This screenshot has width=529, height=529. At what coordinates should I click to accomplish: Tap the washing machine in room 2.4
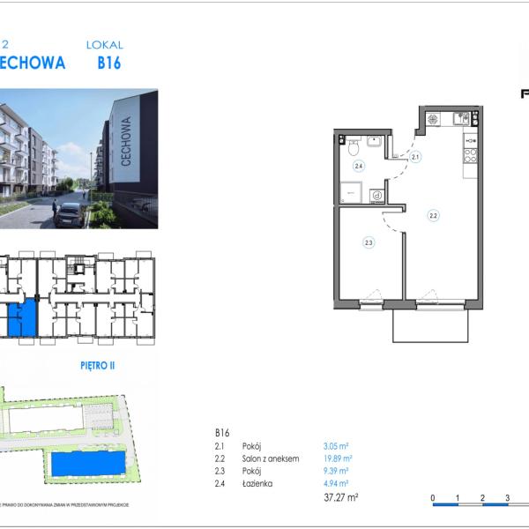[x=376, y=196]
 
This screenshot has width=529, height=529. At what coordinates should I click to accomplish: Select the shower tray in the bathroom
[x=351, y=190]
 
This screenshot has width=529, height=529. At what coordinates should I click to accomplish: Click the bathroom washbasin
[x=374, y=141]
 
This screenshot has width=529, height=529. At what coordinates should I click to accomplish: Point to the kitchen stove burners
[x=470, y=155]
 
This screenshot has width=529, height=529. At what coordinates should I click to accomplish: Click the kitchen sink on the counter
[x=462, y=118]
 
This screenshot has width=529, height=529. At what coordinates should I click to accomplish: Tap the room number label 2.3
[x=369, y=242]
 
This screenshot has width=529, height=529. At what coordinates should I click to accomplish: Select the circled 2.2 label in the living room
[x=434, y=214]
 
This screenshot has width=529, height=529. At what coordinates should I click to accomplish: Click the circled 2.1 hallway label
[x=415, y=157]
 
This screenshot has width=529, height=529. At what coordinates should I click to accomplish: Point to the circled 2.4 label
[x=359, y=166]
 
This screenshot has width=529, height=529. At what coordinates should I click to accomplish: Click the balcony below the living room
[x=430, y=325]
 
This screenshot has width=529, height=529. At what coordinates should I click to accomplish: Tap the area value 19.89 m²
[x=338, y=458]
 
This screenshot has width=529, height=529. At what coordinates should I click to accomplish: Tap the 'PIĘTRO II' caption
[x=97, y=362]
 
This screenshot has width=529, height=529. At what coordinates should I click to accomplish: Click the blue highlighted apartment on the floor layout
[x=24, y=317]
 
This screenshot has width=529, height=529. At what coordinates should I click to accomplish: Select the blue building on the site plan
[x=86, y=463]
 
